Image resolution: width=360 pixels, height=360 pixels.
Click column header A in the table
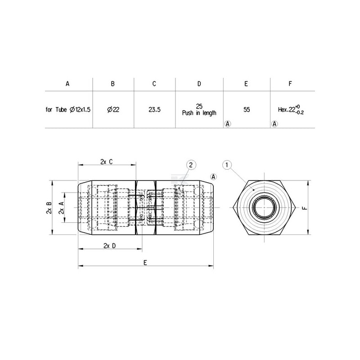click(67, 84)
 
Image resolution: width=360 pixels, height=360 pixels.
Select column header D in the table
click(199, 84)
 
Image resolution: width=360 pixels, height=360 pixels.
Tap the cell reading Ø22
click(113, 110)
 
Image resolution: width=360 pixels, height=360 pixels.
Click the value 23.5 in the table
click(154, 110)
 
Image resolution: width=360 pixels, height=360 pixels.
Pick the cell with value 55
click(247, 110)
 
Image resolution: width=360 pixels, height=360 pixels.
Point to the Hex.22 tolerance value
click(291, 110)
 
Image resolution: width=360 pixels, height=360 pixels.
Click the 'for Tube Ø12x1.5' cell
click(68, 110)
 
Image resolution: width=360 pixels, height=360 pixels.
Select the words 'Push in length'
click(199, 113)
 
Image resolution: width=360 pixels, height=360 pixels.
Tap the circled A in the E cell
click(228, 124)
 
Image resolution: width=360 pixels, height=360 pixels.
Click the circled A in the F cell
click(274, 124)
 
